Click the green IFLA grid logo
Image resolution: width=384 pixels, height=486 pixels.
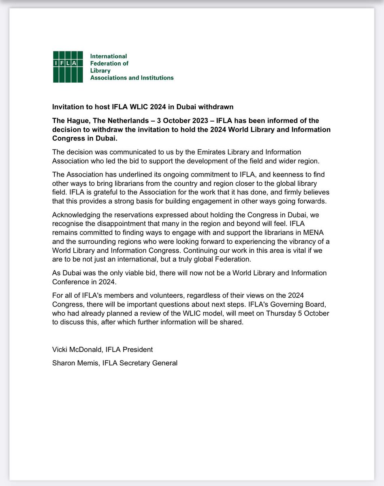coord(71,67)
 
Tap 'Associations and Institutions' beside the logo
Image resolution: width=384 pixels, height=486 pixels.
coord(132,78)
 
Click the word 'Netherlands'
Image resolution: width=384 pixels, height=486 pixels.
coord(117,121)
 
